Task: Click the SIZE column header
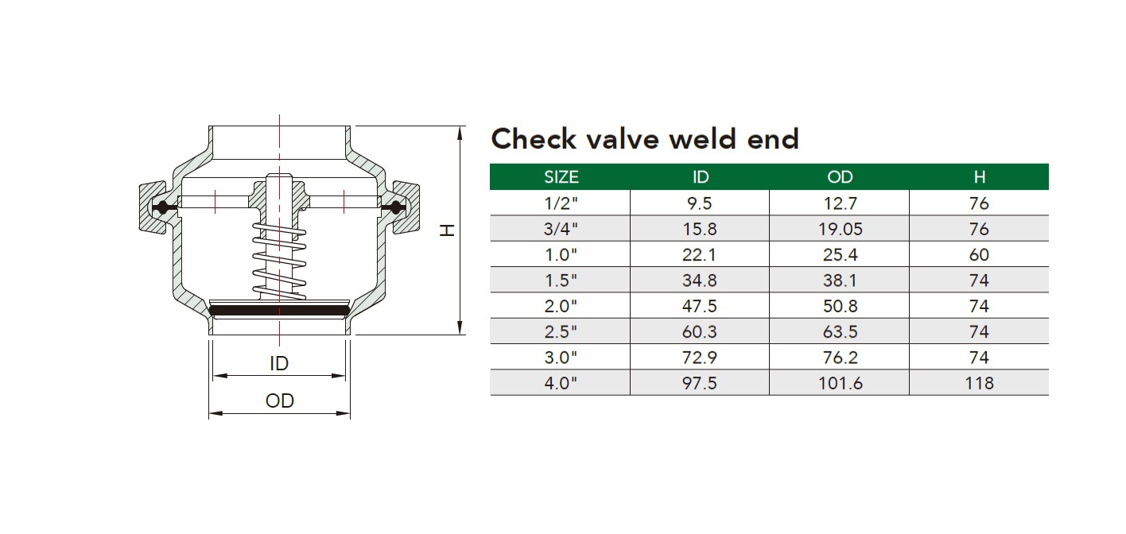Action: pyautogui.click(x=561, y=177)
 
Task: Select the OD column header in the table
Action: pyautogui.click(x=840, y=177)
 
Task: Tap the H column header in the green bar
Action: pyautogui.click(x=979, y=177)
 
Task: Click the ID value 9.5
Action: pyautogui.click(x=700, y=203)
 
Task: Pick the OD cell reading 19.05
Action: pyautogui.click(x=840, y=229)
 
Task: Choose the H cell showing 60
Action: pyautogui.click(x=979, y=255)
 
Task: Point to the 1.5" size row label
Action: pyautogui.click(x=561, y=281)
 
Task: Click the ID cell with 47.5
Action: pyautogui.click(x=700, y=306)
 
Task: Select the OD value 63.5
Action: pyautogui.click(x=840, y=331)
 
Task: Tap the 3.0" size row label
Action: pyautogui.click(x=561, y=357)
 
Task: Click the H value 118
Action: pyautogui.click(x=979, y=383)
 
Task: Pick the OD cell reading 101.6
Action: pyautogui.click(x=840, y=383)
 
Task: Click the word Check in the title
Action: pyautogui.click(x=534, y=138)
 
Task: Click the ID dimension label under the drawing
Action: pyautogui.click(x=279, y=363)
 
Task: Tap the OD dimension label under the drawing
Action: pyautogui.click(x=279, y=400)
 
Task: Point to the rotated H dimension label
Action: pyautogui.click(x=447, y=230)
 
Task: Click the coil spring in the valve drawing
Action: pyautogui.click(x=279, y=260)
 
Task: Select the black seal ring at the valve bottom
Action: pyautogui.click(x=279, y=310)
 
